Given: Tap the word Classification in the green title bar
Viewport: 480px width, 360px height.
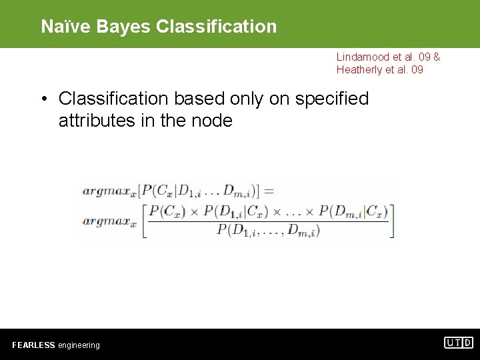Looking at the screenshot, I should coord(216,26).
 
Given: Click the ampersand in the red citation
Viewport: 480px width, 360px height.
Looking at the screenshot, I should coord(437,57).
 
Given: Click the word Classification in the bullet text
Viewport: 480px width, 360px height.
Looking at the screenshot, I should coord(114,99).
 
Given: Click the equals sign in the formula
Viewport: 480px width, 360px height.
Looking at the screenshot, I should coord(268,191).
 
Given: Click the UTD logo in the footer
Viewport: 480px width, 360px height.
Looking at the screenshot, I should coord(459,343).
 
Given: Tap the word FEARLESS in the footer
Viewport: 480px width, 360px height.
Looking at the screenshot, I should coord(33,345).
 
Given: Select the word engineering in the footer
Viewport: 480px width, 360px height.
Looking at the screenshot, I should coord(79,345).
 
